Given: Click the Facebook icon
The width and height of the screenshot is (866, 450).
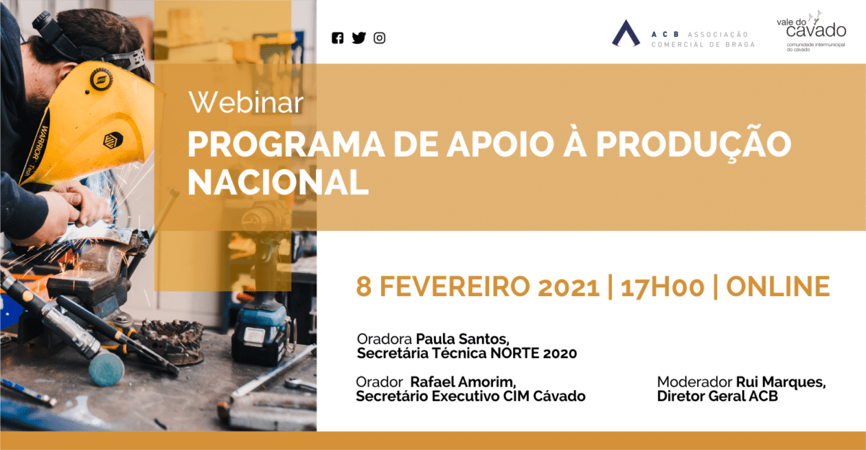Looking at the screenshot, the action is click(x=338, y=38).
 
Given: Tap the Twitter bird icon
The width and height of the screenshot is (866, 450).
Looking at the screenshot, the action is click(x=359, y=38).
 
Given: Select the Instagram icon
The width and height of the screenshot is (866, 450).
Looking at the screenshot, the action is click(x=380, y=38).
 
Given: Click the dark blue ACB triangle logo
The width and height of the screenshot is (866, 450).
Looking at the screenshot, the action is click(x=626, y=33).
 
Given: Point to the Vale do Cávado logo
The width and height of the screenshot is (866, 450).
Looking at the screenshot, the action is click(x=811, y=31).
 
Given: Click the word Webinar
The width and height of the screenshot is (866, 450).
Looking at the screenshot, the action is click(x=246, y=103).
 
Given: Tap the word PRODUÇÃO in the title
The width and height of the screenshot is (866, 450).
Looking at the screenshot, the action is click(x=694, y=143).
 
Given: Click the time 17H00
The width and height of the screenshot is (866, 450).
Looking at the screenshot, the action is click(x=662, y=287).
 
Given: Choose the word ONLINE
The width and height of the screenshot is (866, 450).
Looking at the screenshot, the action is click(x=778, y=287).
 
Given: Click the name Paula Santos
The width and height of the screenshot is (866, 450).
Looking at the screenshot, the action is click(x=463, y=339).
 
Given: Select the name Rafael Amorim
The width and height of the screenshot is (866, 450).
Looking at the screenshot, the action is click(x=463, y=382).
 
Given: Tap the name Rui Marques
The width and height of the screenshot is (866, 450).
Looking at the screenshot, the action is click(x=781, y=382).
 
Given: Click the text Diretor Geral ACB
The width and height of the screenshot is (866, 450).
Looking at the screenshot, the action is click(x=717, y=397).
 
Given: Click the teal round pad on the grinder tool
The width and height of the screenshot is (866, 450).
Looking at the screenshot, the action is click(x=107, y=368).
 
